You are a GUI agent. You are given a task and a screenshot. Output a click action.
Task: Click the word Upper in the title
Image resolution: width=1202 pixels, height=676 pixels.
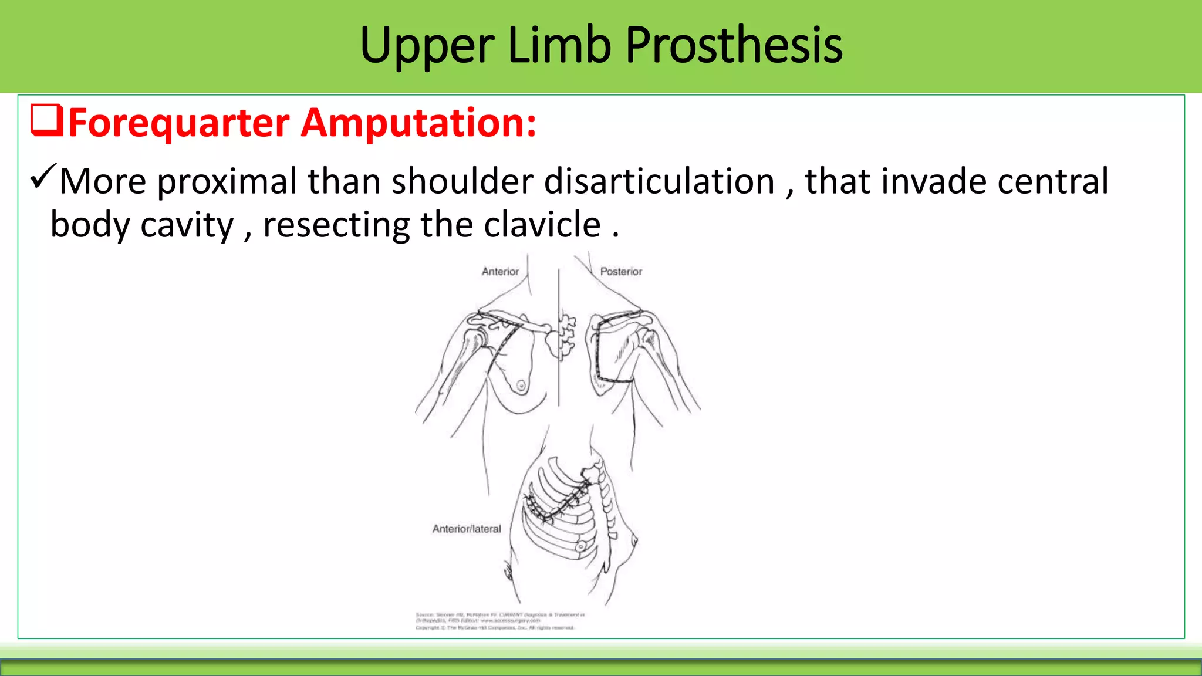pyautogui.click(x=427, y=45)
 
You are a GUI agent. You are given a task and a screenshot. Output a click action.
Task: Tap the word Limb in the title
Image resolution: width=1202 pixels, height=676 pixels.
pyautogui.click(x=559, y=45)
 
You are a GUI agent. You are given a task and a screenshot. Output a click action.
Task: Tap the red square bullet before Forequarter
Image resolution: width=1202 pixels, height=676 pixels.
pyautogui.click(x=46, y=120)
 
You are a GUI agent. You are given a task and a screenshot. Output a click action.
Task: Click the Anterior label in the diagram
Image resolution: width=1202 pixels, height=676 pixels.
pyautogui.click(x=500, y=272)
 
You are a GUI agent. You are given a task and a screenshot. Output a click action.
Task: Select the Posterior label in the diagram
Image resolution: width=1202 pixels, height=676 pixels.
pyautogui.click(x=621, y=272)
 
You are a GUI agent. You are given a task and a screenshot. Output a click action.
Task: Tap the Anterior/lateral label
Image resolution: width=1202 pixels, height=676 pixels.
pyautogui.click(x=467, y=529)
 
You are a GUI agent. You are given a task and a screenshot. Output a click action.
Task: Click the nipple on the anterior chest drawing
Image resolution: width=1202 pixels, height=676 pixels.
pyautogui.click(x=521, y=386)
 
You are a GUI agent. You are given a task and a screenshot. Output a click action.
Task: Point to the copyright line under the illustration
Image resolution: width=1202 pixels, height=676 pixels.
pyautogui.click(x=495, y=627)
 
